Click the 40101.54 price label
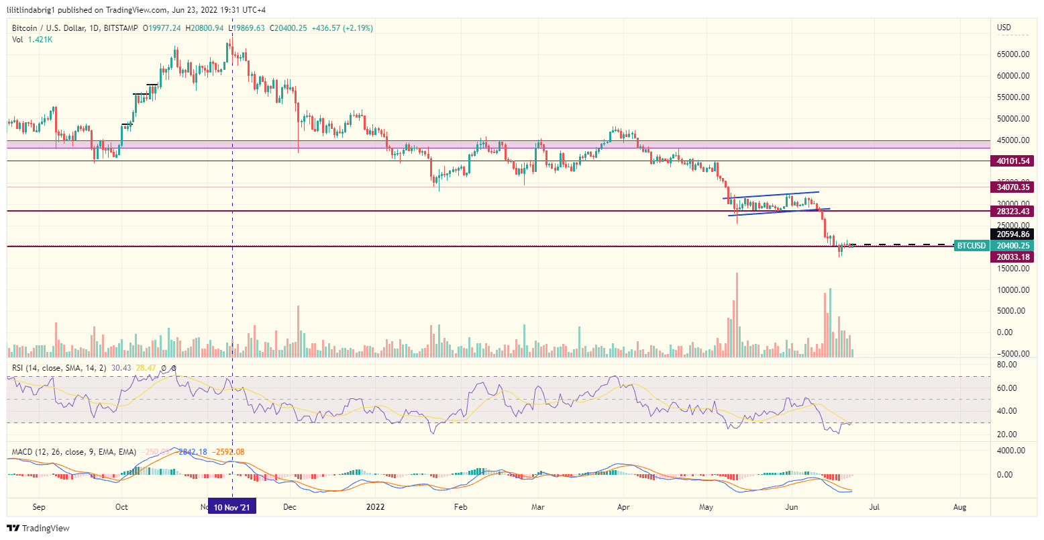click(x=1014, y=161)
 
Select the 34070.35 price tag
click(x=1014, y=187)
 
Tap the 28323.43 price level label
click(x=1014, y=212)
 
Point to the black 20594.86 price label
click(x=1014, y=234)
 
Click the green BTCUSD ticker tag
click(x=971, y=246)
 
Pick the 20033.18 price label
click(x=1014, y=257)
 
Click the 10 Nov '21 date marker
click(x=232, y=508)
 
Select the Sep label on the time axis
click(x=39, y=508)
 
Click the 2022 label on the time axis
click(x=374, y=508)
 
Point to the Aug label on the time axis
click(x=959, y=508)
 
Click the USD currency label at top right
click(x=1004, y=28)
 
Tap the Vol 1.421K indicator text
click(x=32, y=40)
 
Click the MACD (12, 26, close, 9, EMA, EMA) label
click(x=74, y=452)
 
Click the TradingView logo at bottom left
click(x=38, y=529)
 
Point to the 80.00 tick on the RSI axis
click(x=1007, y=365)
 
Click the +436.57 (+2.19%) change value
click(x=343, y=28)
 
